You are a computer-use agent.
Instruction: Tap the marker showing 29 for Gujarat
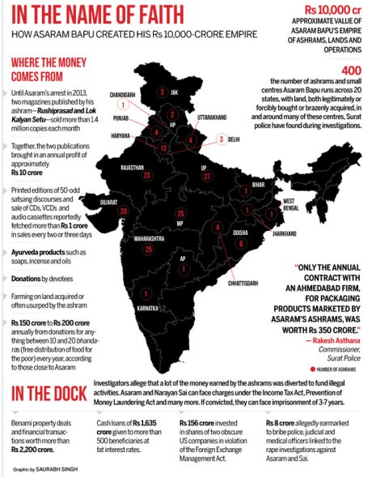[x=124, y=211]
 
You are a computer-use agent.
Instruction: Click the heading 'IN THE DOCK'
[x=48, y=394]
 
